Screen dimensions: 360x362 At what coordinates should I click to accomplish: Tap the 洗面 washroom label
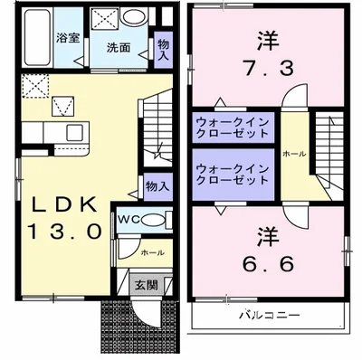point(117,46)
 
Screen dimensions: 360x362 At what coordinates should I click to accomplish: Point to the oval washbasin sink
point(135,19)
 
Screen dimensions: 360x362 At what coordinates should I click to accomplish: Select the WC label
point(125,220)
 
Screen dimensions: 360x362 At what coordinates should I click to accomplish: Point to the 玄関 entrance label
point(146,284)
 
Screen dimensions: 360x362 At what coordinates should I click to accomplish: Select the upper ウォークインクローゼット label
point(232,127)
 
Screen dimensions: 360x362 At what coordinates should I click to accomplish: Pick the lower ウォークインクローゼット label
point(232,174)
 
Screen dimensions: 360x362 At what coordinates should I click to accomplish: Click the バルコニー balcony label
point(270,317)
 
